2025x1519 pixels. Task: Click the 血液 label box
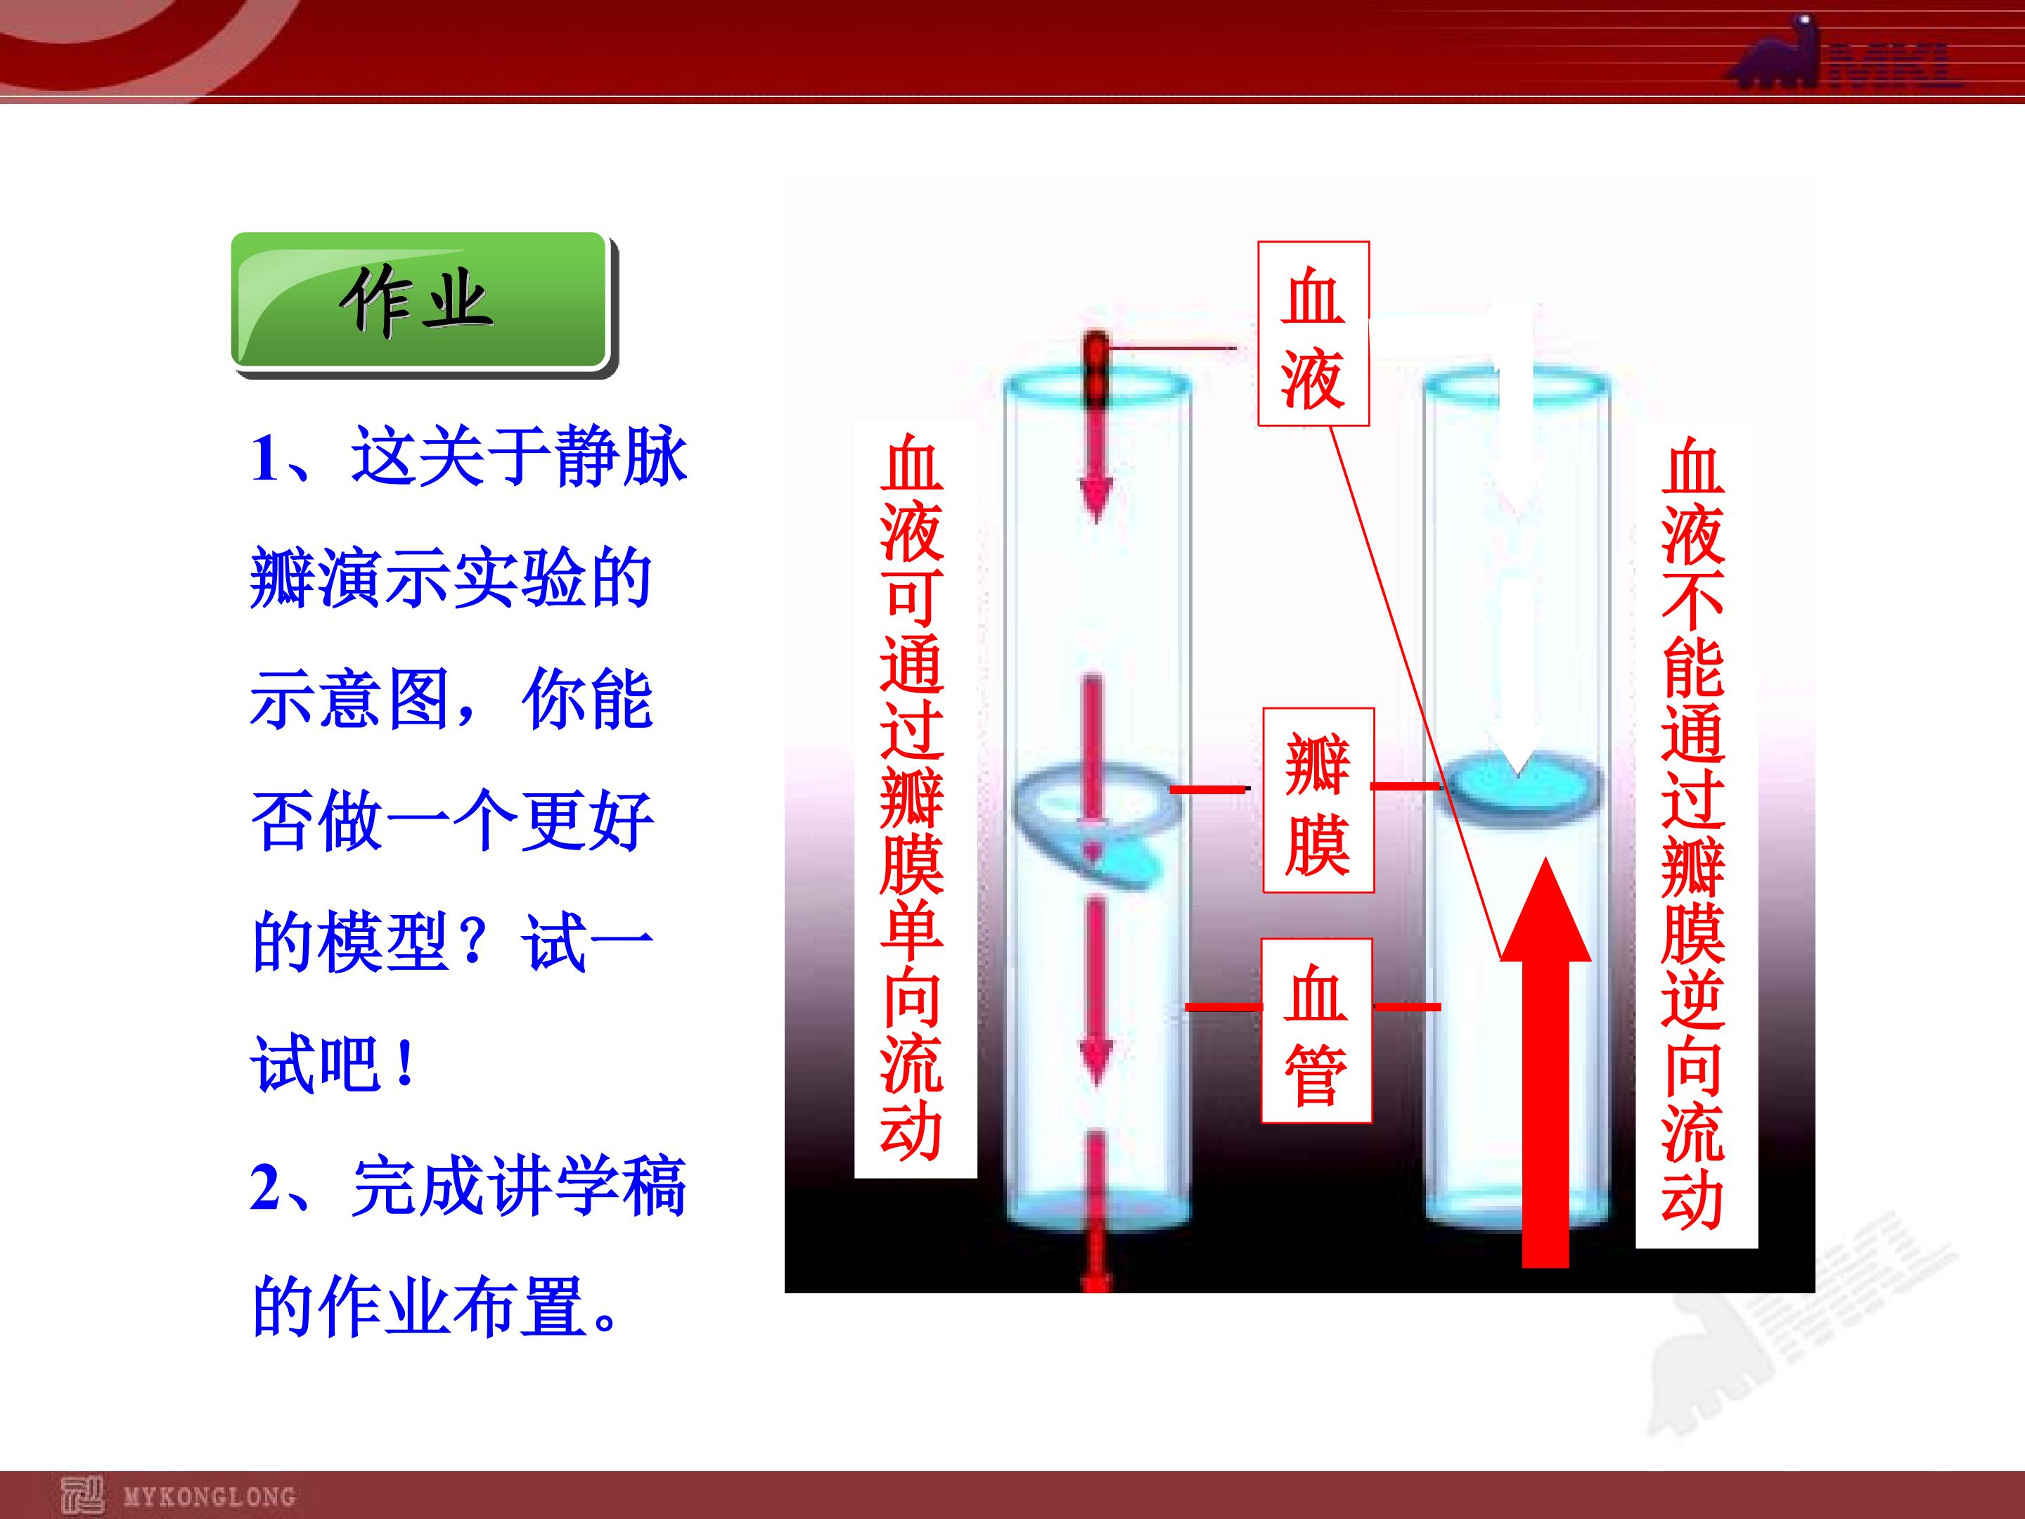point(1313,334)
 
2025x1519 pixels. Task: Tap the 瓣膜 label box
point(1318,800)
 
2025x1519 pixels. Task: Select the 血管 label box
point(1316,1031)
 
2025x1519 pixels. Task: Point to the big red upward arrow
point(1545,1062)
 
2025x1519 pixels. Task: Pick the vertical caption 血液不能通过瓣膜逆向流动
point(1695,835)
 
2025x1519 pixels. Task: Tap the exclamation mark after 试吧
point(406,1065)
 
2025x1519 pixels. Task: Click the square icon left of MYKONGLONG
point(82,1495)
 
